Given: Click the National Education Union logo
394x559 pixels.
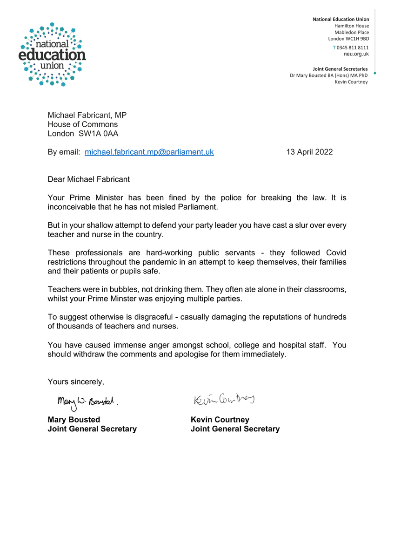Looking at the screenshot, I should click(x=53, y=54).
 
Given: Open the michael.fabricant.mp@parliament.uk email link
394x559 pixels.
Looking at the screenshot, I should click(x=149, y=152).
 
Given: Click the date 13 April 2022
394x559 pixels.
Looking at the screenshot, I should click(x=309, y=152).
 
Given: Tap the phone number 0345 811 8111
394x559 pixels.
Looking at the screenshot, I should click(x=352, y=48).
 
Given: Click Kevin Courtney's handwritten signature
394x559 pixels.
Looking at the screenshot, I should click(x=225, y=399).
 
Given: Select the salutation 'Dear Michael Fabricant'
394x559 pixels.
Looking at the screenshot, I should click(x=89, y=179).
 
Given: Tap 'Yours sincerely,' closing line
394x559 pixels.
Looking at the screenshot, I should click(x=76, y=382).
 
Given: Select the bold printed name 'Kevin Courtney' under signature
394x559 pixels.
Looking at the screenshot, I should click(x=220, y=420).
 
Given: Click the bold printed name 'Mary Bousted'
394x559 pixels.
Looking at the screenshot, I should click(x=74, y=420).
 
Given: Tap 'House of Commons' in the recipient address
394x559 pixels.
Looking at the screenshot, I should click(x=83, y=124).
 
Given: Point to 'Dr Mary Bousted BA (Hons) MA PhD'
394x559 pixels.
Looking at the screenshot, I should click(x=329, y=75).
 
